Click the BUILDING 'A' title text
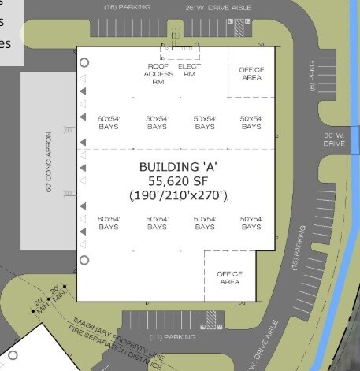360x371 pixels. (178, 167)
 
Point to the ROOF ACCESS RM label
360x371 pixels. (154, 74)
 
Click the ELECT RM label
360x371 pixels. (190, 71)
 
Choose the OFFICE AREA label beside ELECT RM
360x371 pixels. (251, 73)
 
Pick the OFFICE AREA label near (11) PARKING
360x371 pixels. (228, 277)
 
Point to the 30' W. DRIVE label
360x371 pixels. (334, 139)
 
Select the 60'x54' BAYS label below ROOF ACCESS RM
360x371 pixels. (108, 122)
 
